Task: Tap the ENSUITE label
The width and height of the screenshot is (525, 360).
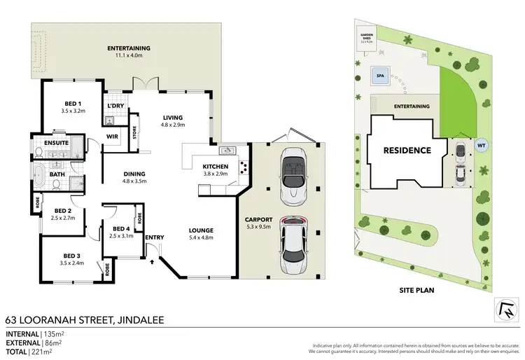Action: [55, 143]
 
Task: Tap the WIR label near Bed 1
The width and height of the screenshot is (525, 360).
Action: [111, 137]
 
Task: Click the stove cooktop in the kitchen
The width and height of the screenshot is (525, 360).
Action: [244, 167]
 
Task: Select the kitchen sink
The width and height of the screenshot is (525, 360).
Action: [227, 150]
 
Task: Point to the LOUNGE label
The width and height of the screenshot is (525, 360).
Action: [200, 230]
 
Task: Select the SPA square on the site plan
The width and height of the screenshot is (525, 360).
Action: [381, 74]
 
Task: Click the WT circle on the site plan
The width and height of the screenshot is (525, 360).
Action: [481, 145]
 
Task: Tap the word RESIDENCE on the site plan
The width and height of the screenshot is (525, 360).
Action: [406, 150]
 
